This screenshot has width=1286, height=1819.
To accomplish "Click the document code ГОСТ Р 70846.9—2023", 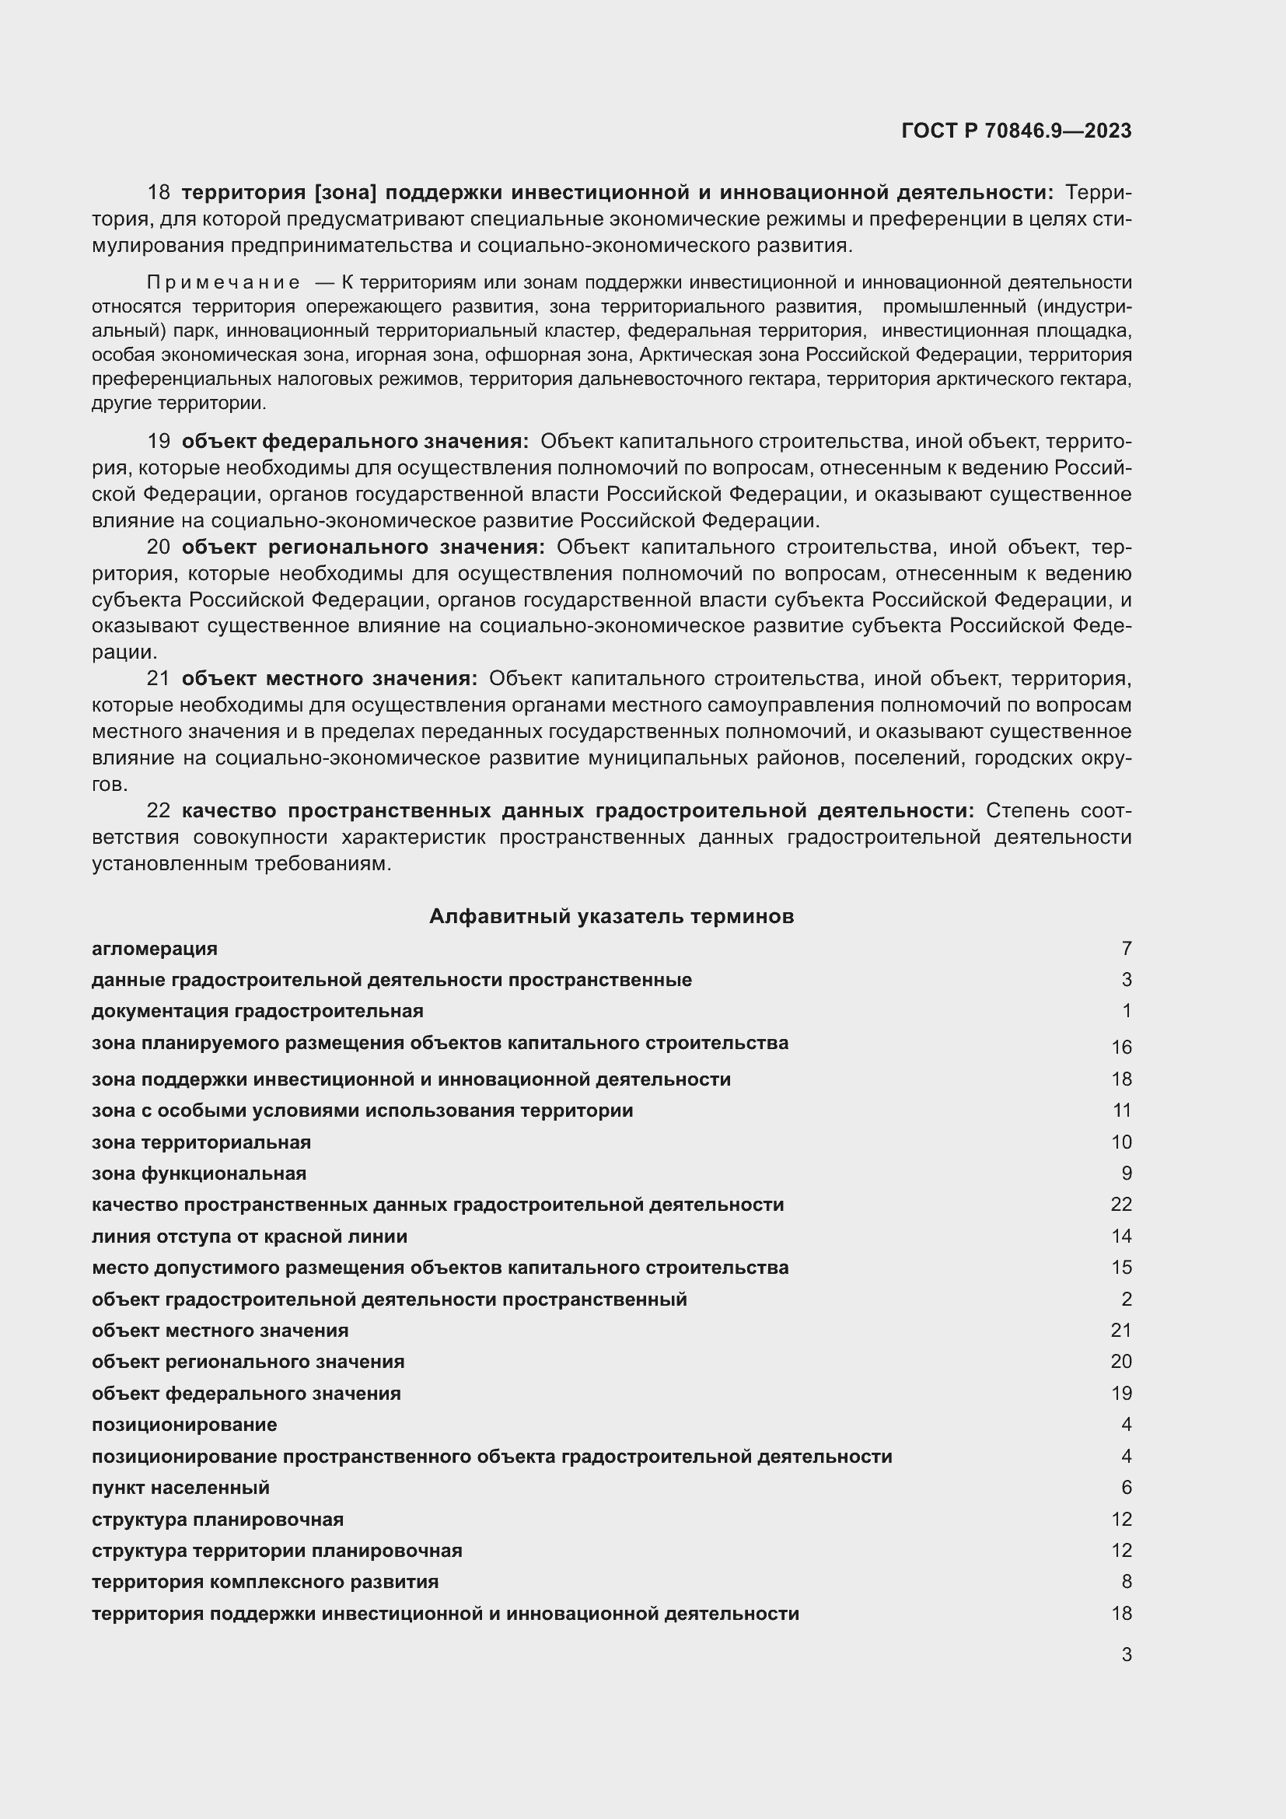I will click(x=1016, y=131).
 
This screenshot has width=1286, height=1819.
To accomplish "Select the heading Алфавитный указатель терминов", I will click(x=611, y=916).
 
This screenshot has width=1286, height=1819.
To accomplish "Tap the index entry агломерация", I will click(x=155, y=948).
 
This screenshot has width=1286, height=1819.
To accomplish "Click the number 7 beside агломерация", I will click(x=1126, y=948).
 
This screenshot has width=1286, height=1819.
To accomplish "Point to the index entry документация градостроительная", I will click(x=257, y=1011).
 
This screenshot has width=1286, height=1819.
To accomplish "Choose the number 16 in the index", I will click(x=1121, y=1048).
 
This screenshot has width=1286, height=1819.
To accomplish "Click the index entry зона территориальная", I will click(x=201, y=1142).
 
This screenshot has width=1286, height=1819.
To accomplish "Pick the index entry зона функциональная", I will click(x=199, y=1174).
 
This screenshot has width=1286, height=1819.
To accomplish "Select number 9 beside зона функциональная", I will click(x=1126, y=1174).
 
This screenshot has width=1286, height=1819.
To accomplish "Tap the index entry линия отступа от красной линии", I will click(x=250, y=1236).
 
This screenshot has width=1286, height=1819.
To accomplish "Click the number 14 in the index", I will click(x=1121, y=1236).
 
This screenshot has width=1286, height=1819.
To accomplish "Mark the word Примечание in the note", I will click(x=222, y=283).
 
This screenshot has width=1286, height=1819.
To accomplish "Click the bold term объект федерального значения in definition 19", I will click(x=355, y=441).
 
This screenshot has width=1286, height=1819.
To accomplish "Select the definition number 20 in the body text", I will click(x=159, y=547).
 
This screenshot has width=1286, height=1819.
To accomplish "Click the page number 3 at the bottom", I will click(x=1126, y=1654).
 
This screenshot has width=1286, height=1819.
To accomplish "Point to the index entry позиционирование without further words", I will click(x=184, y=1425).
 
